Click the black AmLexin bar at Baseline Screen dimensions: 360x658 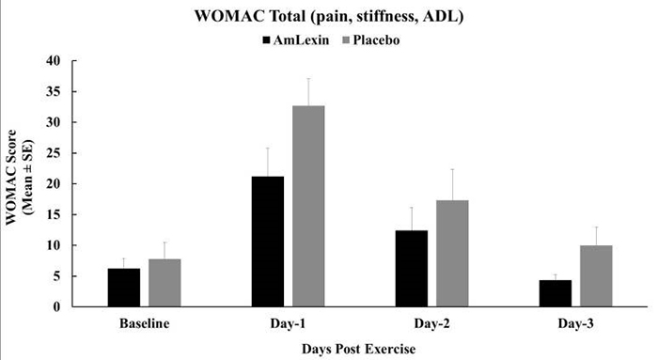(124, 288)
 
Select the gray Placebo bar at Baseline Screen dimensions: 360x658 (164, 283)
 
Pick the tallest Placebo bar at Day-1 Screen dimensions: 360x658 (308, 206)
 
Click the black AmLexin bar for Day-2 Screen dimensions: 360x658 (412, 269)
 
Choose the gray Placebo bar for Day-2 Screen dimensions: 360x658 (452, 254)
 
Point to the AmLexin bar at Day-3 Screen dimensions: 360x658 (555, 293)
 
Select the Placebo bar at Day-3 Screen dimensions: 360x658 (595, 276)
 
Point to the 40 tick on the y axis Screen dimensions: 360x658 (79, 61)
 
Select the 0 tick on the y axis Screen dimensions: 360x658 (83, 307)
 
